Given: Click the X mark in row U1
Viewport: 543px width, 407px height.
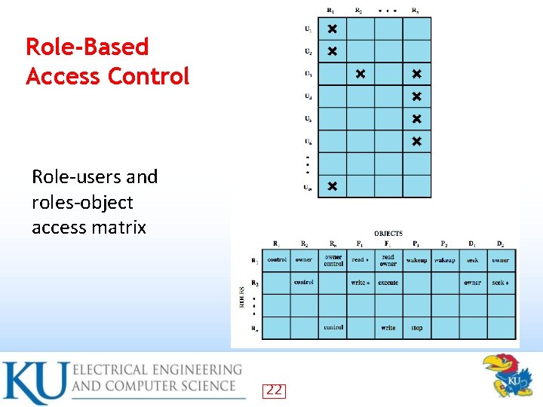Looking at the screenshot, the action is click(332, 29).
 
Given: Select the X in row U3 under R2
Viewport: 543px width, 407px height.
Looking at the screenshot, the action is click(360, 74).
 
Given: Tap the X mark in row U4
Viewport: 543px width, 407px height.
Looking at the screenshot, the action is click(416, 96).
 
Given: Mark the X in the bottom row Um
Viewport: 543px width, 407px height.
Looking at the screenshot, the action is click(332, 186).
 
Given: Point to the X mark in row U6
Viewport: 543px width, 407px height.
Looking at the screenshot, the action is click(416, 141).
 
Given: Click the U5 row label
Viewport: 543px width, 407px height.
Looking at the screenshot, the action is click(308, 118).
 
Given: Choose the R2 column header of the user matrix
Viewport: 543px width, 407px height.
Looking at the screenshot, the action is click(358, 11).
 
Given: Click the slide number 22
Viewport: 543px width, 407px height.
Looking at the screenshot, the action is click(274, 390).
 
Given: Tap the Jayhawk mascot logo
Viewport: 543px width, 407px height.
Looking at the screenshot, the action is click(507, 376).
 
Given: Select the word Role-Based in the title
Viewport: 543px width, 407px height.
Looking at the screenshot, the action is click(87, 47).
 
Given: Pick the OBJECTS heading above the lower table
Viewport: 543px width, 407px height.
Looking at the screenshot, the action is click(388, 234).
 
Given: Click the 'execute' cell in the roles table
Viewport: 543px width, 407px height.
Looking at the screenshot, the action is click(388, 283).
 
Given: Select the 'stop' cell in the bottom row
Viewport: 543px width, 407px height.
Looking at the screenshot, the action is click(416, 328).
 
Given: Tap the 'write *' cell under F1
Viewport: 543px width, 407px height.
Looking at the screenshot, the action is click(360, 283).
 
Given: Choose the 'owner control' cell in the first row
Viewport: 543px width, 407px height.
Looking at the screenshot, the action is click(333, 260).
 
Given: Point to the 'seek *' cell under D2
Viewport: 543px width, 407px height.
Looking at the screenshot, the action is click(500, 283).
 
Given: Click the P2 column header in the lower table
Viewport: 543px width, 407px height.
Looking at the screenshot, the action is click(443, 243).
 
